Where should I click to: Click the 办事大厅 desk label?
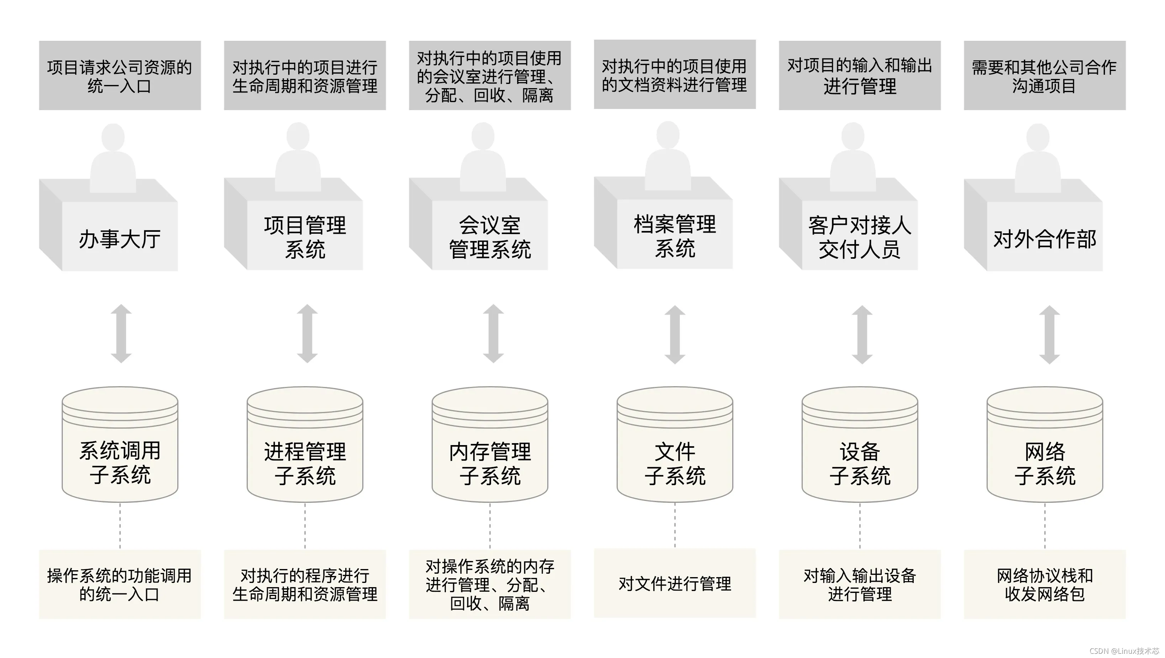(119, 239)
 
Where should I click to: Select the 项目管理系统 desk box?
(305, 237)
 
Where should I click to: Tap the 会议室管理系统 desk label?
(490, 237)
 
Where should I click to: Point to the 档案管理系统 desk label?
(675, 236)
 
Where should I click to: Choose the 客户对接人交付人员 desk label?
(860, 237)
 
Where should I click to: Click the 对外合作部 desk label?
(1045, 239)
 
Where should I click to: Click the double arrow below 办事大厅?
(121, 333)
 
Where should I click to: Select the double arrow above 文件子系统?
(675, 335)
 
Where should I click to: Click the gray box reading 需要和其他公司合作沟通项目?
(1045, 75)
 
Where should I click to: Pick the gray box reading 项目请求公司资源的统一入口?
(120, 75)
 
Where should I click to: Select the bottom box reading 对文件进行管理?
(675, 583)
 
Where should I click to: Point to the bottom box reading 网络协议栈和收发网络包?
(1045, 584)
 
